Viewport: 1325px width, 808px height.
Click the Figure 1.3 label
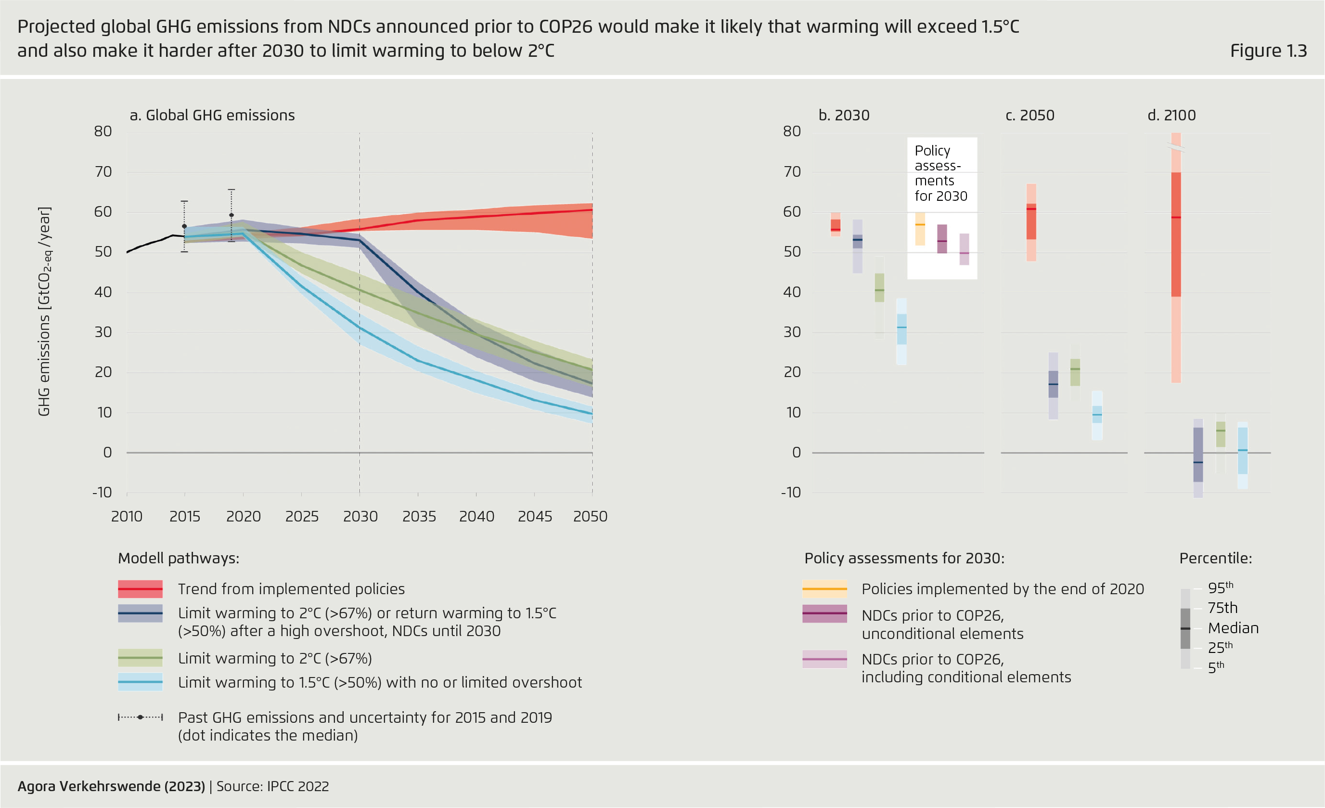(x=1268, y=51)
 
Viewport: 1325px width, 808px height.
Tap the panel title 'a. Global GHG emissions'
(x=212, y=115)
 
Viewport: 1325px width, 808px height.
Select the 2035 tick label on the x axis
(x=419, y=516)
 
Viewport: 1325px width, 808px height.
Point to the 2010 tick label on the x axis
(x=127, y=516)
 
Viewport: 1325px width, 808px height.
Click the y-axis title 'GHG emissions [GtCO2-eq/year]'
(x=44, y=311)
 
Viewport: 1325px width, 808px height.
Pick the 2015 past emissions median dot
(x=184, y=226)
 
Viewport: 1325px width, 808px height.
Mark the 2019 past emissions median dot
(x=231, y=215)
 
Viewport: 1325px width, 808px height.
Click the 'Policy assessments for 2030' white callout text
(x=940, y=173)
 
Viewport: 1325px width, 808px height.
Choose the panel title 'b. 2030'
(x=844, y=115)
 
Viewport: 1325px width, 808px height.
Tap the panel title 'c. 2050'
(x=1030, y=115)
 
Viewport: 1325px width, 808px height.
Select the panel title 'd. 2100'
(x=1171, y=115)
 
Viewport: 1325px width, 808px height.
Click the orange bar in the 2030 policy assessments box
(x=920, y=229)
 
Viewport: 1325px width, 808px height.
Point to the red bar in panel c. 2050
(x=1031, y=222)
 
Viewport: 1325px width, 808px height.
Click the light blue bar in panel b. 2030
(x=901, y=331)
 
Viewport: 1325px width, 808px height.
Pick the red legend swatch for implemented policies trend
(x=140, y=589)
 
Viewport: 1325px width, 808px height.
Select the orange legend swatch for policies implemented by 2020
(x=824, y=589)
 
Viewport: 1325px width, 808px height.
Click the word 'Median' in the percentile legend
(x=1233, y=628)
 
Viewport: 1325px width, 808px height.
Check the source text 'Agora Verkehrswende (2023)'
(x=111, y=786)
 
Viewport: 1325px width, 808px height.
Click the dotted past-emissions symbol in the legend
(x=140, y=717)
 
